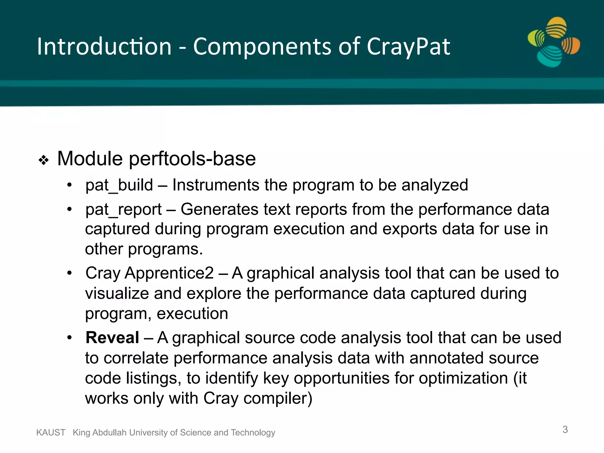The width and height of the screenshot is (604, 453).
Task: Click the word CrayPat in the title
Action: [x=408, y=47]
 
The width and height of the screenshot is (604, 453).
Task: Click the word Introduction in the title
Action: [x=104, y=47]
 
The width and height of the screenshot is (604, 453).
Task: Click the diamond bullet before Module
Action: [x=44, y=160]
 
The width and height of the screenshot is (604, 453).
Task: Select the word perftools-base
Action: [x=192, y=159]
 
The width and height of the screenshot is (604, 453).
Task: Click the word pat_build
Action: [x=119, y=185]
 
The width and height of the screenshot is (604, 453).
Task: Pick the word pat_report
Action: [x=123, y=210]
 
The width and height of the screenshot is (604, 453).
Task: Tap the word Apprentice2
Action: [x=169, y=273]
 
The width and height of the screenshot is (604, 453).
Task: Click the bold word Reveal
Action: [x=112, y=338]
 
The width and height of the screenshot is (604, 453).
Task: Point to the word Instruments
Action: [x=216, y=185]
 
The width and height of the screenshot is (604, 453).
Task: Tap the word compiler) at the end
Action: [x=278, y=398]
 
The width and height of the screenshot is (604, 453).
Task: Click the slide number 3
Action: [x=565, y=429]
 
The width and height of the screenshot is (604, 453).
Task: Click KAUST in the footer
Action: [x=51, y=432]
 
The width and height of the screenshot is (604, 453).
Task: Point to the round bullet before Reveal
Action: [x=69, y=338]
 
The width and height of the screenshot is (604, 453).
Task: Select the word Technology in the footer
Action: [x=253, y=432]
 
